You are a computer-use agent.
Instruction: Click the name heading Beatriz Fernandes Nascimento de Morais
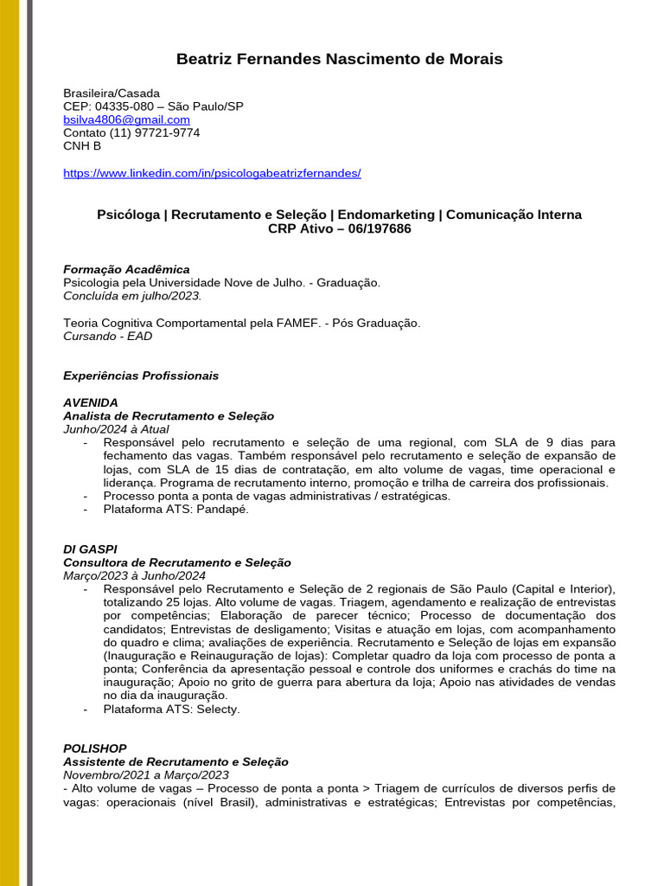coord(339,59)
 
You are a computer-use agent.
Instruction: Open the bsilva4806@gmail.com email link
coord(126,119)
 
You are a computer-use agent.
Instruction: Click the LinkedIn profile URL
coord(212,173)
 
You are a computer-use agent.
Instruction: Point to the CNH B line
coord(82,145)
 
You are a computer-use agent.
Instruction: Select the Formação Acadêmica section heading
coord(126,269)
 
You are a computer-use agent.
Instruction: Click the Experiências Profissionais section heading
coord(141,376)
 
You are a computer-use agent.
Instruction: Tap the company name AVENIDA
coord(91,402)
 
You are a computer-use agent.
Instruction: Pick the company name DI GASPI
coord(90,549)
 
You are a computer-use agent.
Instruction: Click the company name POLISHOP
coord(95,748)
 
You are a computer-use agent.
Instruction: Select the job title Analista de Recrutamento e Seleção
coord(169,416)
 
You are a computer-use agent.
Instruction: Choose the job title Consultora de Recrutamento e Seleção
coord(177,562)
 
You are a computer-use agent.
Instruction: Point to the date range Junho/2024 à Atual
coord(116,429)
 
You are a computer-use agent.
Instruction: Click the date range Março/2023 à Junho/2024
coord(134,575)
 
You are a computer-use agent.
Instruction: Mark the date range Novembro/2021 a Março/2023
coord(146,775)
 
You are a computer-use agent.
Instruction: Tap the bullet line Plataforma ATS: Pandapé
coord(176,510)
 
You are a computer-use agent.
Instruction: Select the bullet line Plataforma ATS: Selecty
coord(171,709)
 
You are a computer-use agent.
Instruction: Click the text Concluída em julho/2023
coord(132,295)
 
